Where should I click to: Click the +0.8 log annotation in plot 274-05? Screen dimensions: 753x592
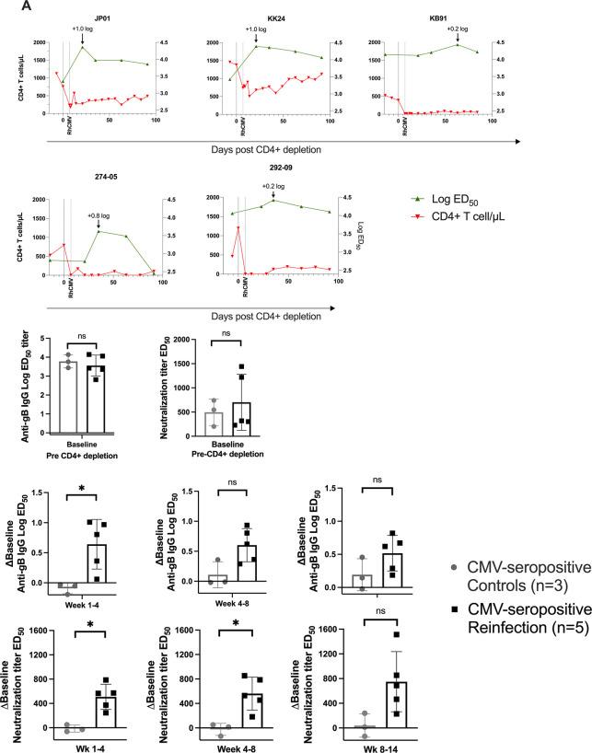pyautogui.click(x=99, y=217)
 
